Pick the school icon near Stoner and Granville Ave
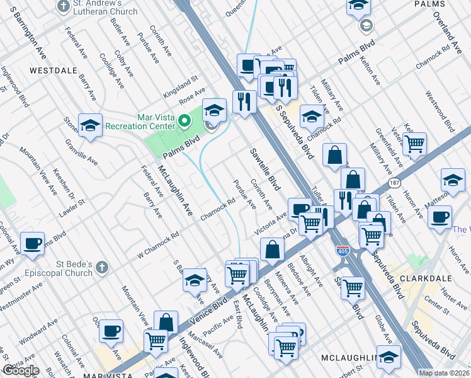point(90,125)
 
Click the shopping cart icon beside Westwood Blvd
point(415,144)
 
